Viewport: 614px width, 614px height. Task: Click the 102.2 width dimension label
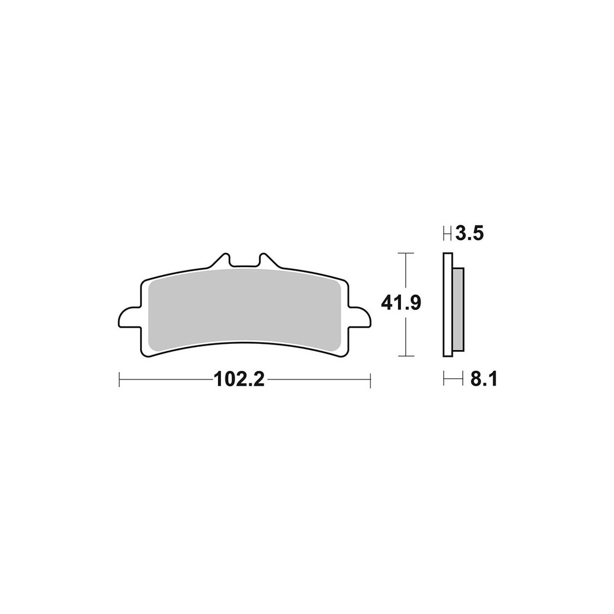(x=239, y=379)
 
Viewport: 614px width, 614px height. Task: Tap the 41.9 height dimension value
(x=401, y=303)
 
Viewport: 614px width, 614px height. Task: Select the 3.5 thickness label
(x=470, y=234)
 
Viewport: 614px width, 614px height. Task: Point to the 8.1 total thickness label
(x=484, y=379)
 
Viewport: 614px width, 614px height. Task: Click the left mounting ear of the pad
(x=129, y=317)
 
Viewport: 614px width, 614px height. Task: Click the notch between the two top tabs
(x=244, y=262)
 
